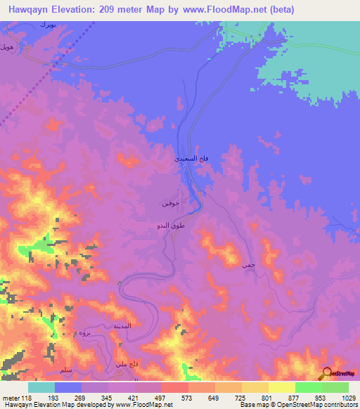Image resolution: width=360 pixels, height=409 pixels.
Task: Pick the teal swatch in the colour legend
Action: point(41,387)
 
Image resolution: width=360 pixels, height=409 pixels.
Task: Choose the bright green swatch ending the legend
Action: point(335,387)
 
